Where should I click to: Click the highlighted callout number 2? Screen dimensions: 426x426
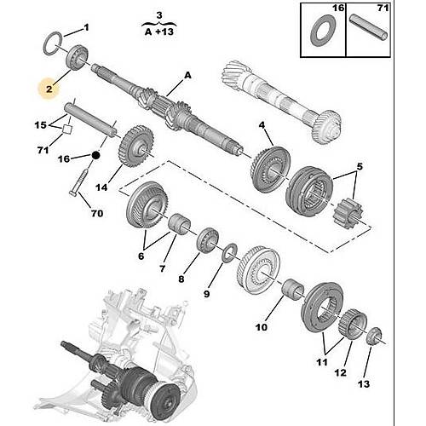tap(49, 89)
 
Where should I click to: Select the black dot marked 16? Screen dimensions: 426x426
tap(95, 155)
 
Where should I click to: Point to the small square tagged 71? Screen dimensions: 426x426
tap(67, 129)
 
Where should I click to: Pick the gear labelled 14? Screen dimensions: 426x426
tap(135, 147)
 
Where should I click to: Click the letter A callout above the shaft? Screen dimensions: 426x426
tap(187, 76)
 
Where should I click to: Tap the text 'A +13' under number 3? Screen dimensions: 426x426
tap(159, 32)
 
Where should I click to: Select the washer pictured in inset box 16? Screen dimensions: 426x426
tap(324, 32)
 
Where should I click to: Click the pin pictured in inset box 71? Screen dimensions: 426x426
tap(368, 28)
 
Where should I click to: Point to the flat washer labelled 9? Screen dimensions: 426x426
tap(230, 253)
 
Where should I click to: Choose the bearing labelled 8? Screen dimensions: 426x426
tap(208, 239)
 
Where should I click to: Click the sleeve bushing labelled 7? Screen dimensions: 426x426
tap(180, 224)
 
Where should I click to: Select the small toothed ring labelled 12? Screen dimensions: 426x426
tap(353, 324)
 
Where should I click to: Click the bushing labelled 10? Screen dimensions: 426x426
tap(292, 290)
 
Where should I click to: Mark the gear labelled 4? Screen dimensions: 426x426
tap(270, 169)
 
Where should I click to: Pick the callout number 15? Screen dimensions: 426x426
tap(40, 124)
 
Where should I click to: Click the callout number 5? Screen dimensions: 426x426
tap(360, 166)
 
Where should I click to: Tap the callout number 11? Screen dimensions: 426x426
tap(322, 362)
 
